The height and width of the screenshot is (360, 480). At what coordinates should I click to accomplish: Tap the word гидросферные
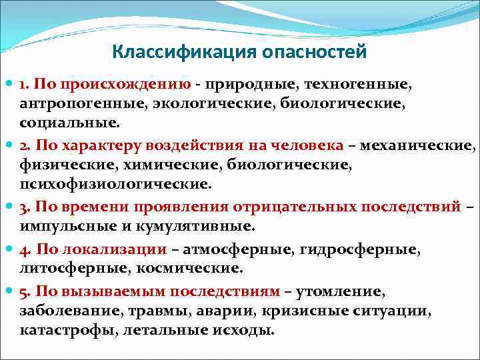click(x=361, y=249)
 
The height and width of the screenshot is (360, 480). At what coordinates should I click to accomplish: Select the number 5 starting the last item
click(x=24, y=291)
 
